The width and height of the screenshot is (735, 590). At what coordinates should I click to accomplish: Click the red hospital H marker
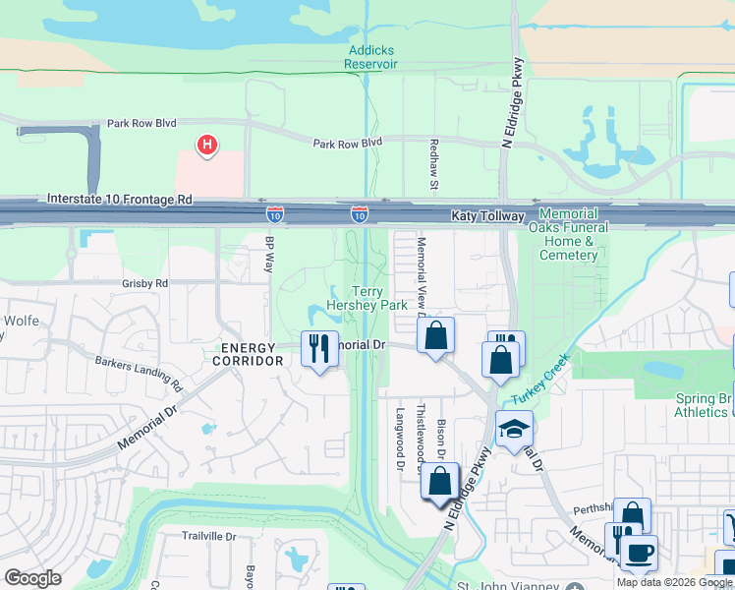[206, 147]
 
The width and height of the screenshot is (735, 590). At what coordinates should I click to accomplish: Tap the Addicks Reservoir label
[370, 57]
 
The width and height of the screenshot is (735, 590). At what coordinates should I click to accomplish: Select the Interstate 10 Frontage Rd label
[120, 199]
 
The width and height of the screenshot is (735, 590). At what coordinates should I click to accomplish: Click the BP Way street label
[269, 253]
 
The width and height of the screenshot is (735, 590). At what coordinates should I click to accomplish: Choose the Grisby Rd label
[145, 283]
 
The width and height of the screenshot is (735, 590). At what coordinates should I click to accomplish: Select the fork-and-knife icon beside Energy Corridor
[319, 349]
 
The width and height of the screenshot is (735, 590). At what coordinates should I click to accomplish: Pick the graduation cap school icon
[513, 429]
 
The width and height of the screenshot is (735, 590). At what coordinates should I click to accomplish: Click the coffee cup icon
[639, 553]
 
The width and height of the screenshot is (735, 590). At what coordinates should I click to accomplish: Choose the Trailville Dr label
[209, 536]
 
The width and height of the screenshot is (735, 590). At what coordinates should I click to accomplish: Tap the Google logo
[32, 578]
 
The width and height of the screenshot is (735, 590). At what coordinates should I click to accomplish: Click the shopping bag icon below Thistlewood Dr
[439, 482]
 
